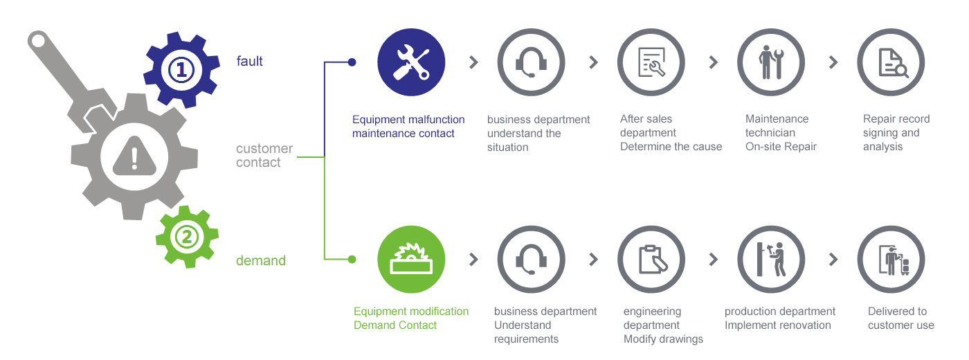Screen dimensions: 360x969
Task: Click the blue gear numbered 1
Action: tap(180, 69)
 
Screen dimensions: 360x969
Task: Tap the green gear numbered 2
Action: tap(187, 237)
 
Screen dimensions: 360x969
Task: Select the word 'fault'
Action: tap(250, 61)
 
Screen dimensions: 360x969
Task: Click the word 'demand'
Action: tap(261, 260)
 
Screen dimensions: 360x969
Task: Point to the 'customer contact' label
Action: tap(264, 156)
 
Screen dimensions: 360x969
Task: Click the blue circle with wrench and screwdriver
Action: tap(411, 62)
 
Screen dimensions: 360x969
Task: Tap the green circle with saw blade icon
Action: tap(411, 260)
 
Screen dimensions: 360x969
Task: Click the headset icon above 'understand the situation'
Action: tap(531, 62)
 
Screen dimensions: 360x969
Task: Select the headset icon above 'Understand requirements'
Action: tap(531, 260)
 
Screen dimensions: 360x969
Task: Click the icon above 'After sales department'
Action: tap(651, 62)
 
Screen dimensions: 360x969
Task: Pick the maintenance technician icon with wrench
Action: tap(771, 62)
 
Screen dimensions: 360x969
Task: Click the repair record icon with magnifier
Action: tap(891, 62)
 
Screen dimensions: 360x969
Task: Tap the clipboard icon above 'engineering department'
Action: tap(651, 260)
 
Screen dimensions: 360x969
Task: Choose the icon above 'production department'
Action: tap(771, 260)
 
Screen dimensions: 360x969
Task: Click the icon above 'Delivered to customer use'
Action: tap(891, 260)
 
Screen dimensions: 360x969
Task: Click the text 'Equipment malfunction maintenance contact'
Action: tap(408, 126)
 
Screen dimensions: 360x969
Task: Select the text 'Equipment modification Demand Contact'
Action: tap(411, 318)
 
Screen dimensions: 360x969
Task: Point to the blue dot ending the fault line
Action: tap(352, 62)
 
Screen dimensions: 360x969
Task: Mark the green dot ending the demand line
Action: tap(352, 260)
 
